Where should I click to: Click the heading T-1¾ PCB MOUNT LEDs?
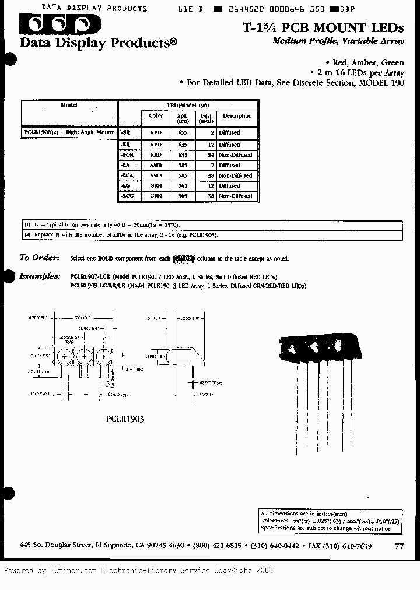(323, 27)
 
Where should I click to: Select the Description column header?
(236, 116)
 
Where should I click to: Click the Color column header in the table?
(156, 116)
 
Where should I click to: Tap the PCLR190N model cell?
(41, 133)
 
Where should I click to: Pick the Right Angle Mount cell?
(89, 133)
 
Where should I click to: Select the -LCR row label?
(129, 155)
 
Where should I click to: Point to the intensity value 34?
(209, 155)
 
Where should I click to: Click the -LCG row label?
(129, 196)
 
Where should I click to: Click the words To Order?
(40, 258)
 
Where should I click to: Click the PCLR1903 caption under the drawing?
(125, 419)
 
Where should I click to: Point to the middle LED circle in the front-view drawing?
(83, 357)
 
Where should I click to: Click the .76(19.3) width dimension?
(83, 318)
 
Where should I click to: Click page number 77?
(399, 546)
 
